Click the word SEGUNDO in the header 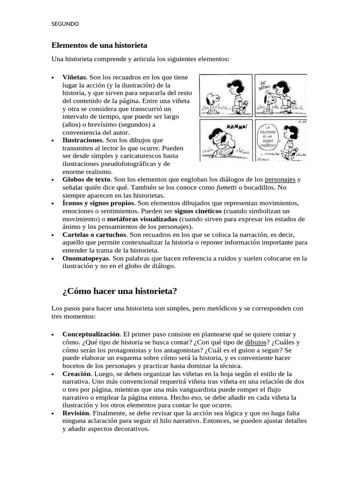(65, 23)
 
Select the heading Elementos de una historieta (99, 45)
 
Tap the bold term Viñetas (75, 76)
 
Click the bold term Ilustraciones (82, 140)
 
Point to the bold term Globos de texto (86, 179)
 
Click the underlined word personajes (280, 179)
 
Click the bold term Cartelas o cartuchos (94, 234)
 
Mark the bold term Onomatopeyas (85, 258)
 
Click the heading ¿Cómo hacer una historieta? (120, 291)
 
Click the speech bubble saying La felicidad (271, 137)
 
